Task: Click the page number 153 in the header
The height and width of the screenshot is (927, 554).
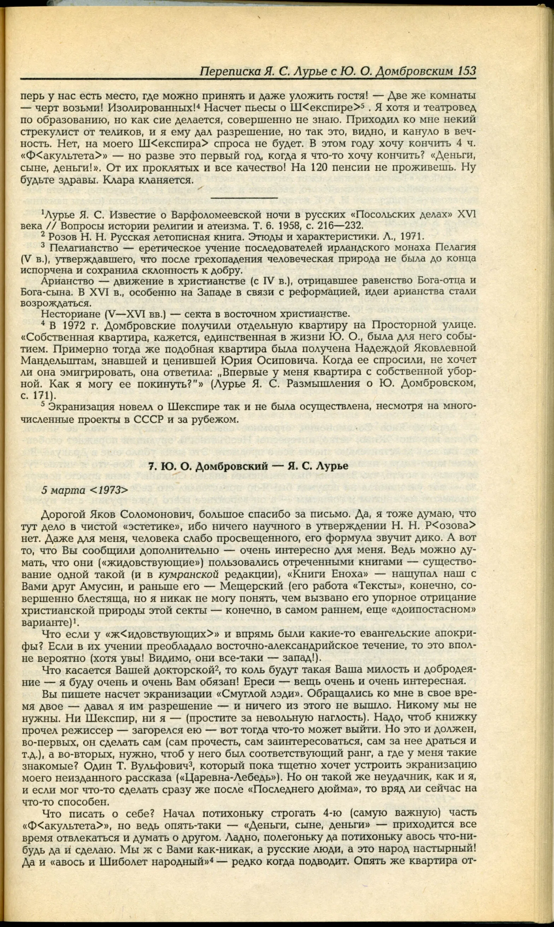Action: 465,71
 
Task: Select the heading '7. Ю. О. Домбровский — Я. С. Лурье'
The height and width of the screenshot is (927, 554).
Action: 248,466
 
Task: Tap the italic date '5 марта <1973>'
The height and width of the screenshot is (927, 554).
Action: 85,489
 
